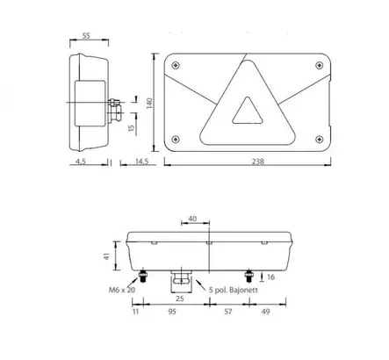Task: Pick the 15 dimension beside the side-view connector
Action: coord(128,128)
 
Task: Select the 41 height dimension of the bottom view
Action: coord(105,255)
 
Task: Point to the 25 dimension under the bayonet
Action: coord(179,299)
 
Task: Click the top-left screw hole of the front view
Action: coord(178,65)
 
